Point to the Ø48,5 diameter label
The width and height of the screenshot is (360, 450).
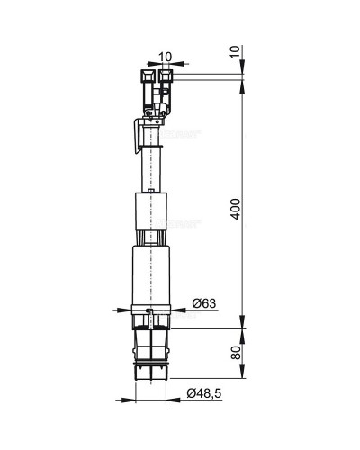pos(206,393)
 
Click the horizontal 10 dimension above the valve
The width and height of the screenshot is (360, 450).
pos(165,57)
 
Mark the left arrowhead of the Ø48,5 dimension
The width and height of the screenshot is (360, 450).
pos(129,394)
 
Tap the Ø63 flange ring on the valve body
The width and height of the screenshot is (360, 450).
pos(151,313)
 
